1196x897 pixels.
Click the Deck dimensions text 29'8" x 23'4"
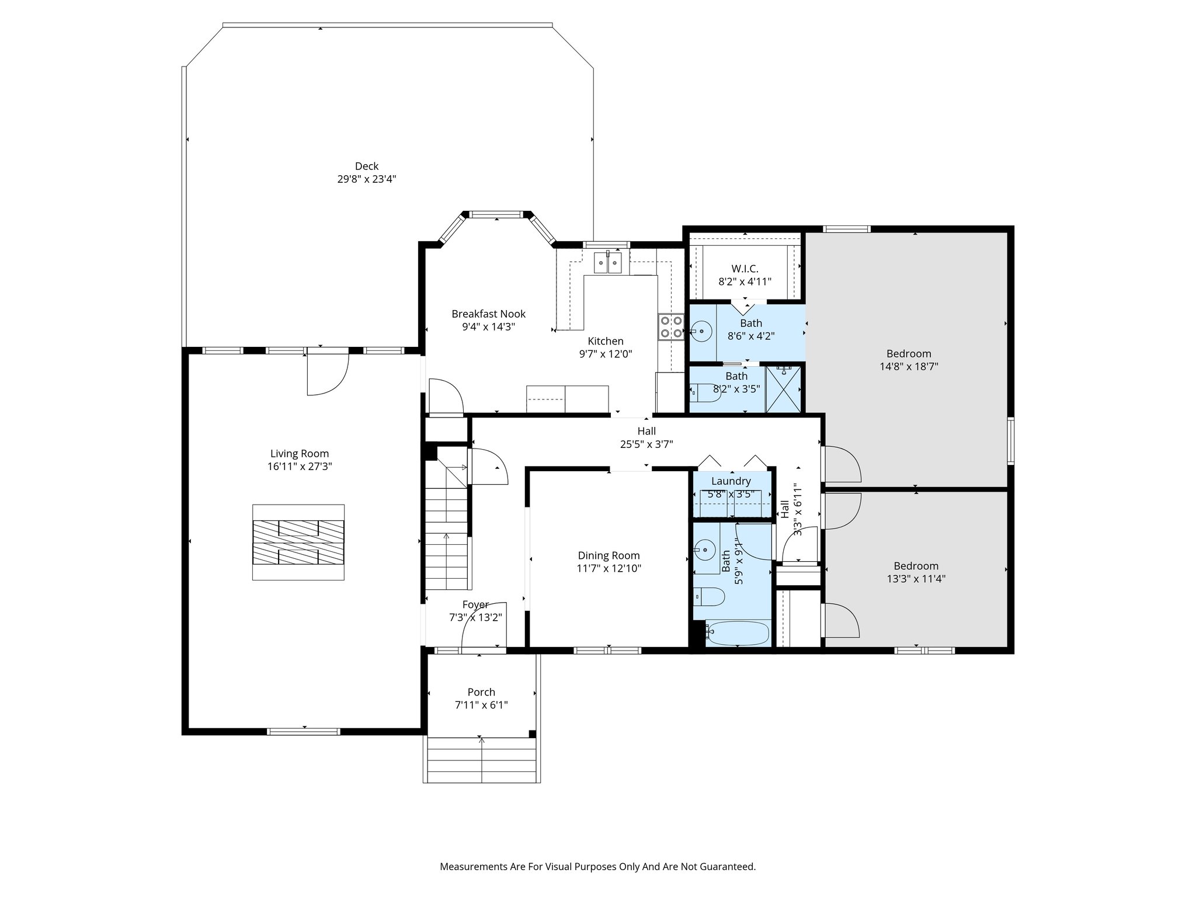[366, 179]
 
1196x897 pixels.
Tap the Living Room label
[299, 453]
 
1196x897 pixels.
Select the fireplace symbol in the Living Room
[298, 542]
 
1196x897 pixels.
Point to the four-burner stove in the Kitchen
[671, 326]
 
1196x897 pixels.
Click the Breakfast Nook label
[488, 314]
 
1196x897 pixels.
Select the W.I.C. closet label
[745, 269]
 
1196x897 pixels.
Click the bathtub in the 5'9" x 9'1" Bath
[737, 632]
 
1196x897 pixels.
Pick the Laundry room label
[731, 481]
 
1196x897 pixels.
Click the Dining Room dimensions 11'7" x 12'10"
[609, 568]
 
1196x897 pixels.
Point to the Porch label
[481, 692]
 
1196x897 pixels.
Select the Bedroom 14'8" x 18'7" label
[908, 353]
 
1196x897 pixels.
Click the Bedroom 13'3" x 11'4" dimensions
[916, 579]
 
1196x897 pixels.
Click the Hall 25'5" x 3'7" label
[646, 431]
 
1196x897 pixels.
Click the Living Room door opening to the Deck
[327, 372]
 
